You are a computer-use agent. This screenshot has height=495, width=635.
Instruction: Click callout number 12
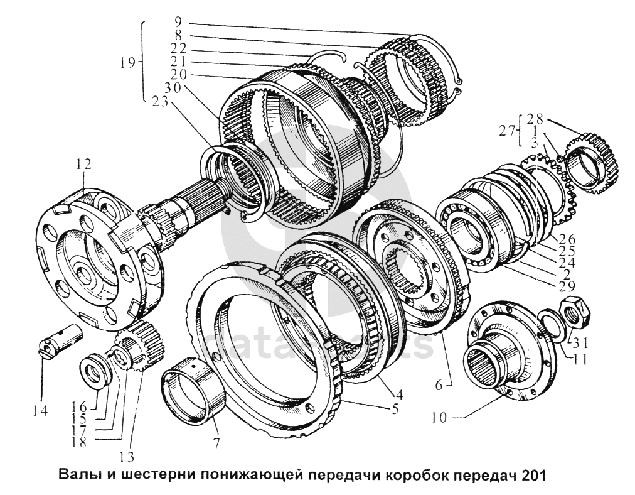click(83, 164)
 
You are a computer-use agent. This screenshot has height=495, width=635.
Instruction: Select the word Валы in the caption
click(75, 476)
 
